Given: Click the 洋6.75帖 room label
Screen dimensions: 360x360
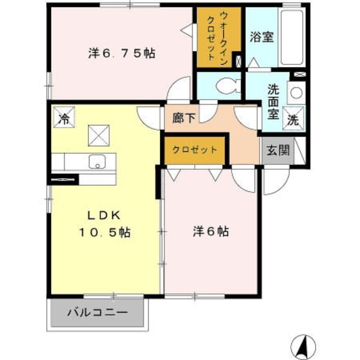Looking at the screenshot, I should tap(121, 53).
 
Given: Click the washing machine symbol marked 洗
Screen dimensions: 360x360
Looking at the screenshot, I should tap(293, 119).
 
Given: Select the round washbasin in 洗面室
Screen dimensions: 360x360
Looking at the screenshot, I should tap(296, 92).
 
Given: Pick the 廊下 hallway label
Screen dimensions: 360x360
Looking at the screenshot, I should tap(184, 119).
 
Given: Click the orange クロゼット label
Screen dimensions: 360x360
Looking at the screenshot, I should tap(194, 150).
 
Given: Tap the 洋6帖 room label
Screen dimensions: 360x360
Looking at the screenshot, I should tap(210, 231).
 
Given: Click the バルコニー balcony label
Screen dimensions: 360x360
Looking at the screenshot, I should tap(98, 312).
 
